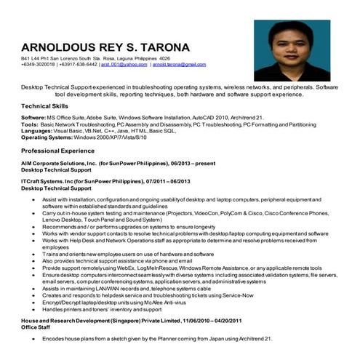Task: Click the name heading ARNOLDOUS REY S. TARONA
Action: click(105, 47)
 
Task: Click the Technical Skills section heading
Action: click(46, 107)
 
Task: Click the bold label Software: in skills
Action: click(33, 117)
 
